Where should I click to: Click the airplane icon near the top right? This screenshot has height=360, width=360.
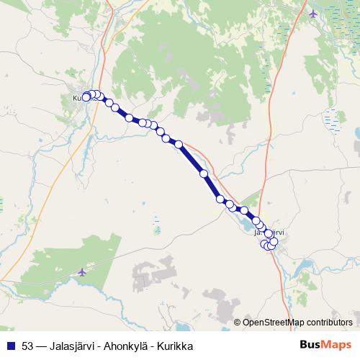(x=312, y=14)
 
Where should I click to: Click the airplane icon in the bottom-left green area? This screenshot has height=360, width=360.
(x=82, y=271)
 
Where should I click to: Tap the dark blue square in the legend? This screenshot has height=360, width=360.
(x=10, y=346)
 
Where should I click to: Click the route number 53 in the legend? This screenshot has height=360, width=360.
(x=27, y=346)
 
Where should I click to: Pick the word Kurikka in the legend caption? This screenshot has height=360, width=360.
(x=176, y=346)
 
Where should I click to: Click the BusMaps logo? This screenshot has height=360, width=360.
(x=325, y=346)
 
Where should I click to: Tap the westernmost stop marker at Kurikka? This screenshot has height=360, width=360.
(x=86, y=96)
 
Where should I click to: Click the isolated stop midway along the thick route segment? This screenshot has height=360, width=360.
(x=204, y=174)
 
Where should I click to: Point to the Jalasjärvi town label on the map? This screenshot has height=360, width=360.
(x=270, y=232)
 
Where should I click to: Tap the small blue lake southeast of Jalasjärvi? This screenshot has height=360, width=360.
(x=302, y=269)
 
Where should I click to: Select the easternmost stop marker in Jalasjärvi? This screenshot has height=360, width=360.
(x=274, y=241)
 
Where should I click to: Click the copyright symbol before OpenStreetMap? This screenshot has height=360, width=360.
(x=238, y=322)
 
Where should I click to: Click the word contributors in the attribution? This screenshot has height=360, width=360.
(x=329, y=322)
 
